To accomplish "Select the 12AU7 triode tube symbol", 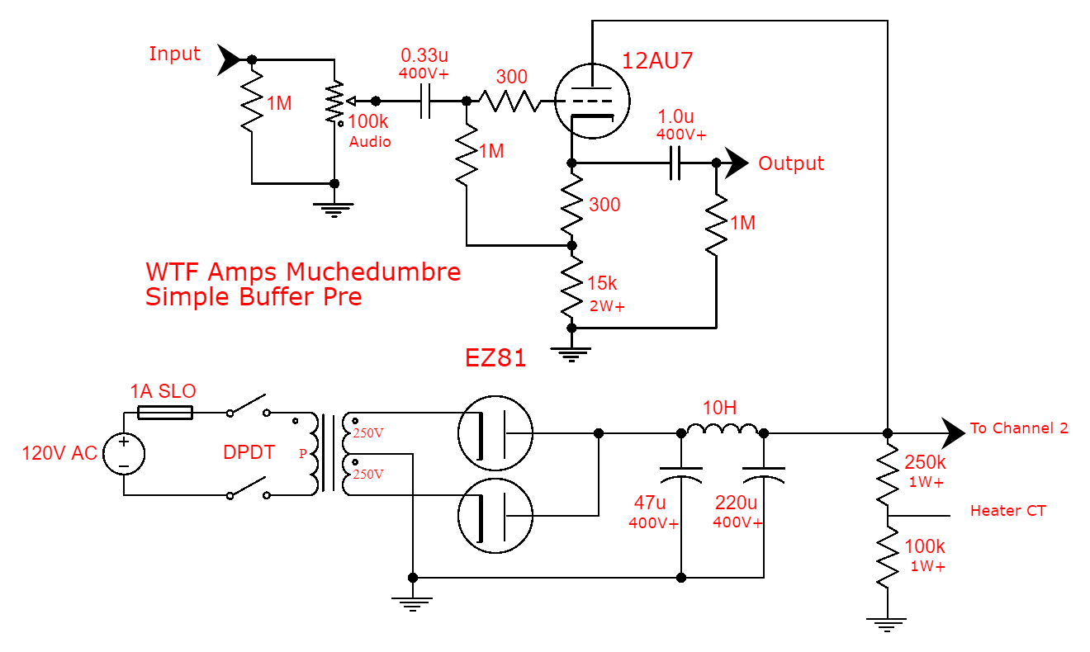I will pyautogui.click(x=592, y=102).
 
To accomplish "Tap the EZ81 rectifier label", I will pyautogui.click(x=495, y=359).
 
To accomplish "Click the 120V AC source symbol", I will pyautogui.click(x=124, y=454).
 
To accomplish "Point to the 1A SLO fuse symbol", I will pyautogui.click(x=164, y=411).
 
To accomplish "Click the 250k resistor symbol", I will pyautogui.click(x=888, y=475).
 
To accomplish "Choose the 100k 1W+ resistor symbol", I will pyautogui.click(x=888, y=558).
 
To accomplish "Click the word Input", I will pyautogui.click(x=174, y=54).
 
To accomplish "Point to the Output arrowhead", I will pyautogui.click(x=735, y=163).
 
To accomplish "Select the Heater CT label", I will pyautogui.click(x=1007, y=511).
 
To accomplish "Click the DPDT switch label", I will pyautogui.click(x=249, y=453).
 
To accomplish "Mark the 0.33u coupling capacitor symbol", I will pyautogui.click(x=426, y=102).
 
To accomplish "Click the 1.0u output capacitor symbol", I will pyautogui.click(x=675, y=163).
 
